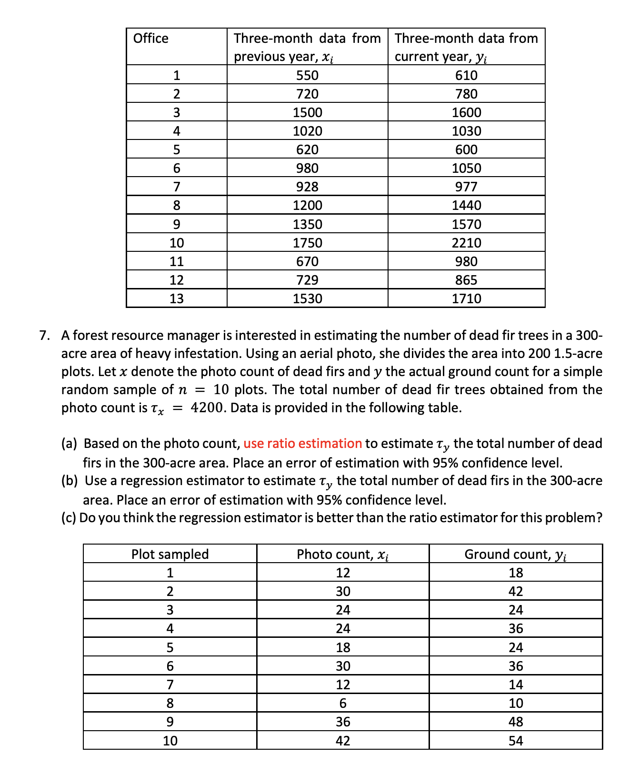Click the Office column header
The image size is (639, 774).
pyautogui.click(x=151, y=38)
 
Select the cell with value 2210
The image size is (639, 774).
pyautogui.click(x=466, y=243)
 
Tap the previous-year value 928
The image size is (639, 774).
pyautogui.click(x=307, y=187)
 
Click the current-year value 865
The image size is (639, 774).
pyautogui.click(x=466, y=280)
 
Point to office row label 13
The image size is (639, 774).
pyautogui.click(x=177, y=298)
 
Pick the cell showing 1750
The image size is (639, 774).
pyautogui.click(x=307, y=243)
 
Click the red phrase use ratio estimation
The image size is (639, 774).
pyautogui.click(x=302, y=444)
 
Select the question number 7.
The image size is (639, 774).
pyautogui.click(x=44, y=336)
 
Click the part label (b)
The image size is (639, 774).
pyautogui.click(x=70, y=481)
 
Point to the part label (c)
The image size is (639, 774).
pyautogui.click(x=69, y=517)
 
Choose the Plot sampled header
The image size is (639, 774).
pyautogui.click(x=170, y=554)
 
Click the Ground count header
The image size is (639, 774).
pyautogui.click(x=515, y=554)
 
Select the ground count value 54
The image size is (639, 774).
pyautogui.click(x=516, y=741)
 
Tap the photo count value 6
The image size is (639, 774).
pyautogui.click(x=343, y=703)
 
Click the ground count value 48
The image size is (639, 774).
pyautogui.click(x=516, y=722)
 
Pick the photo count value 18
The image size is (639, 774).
pyautogui.click(x=343, y=647)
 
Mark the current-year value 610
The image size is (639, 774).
pyautogui.click(x=466, y=75)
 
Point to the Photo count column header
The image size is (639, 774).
pyautogui.click(x=342, y=554)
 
